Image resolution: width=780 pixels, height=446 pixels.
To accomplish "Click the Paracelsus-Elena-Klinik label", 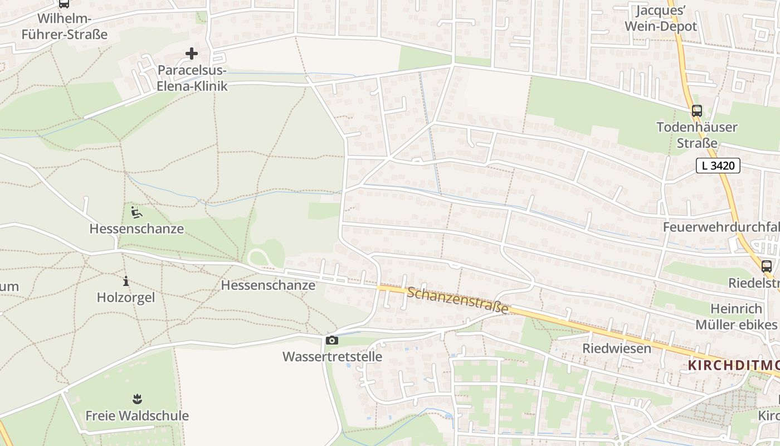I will tap(193, 79).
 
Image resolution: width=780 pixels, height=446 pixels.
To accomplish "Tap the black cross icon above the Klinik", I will tap(192, 54).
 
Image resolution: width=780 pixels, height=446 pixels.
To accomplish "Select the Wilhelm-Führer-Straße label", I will tap(64, 26).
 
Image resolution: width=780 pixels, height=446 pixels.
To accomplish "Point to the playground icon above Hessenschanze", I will tap(136, 212).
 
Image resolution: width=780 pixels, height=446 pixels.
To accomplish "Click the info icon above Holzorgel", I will tap(126, 282).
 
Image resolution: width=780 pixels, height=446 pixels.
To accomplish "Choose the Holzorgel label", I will tap(126, 298).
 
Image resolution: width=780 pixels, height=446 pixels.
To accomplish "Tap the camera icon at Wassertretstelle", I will tap(332, 341).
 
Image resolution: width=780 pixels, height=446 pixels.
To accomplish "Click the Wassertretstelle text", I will tap(332, 357).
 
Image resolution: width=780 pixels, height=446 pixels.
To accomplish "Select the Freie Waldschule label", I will tap(137, 416).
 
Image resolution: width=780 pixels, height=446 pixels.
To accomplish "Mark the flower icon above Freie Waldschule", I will tap(137, 399).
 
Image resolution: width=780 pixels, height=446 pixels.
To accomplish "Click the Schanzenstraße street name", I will tap(457, 300).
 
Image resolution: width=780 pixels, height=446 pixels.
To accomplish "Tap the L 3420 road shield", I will tap(718, 166).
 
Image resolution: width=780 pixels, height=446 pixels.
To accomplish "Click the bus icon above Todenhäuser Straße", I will tap(696, 111).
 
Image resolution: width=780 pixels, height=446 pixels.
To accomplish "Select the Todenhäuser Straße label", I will tap(696, 135).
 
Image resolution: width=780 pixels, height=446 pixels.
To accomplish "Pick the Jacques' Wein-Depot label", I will tap(661, 18).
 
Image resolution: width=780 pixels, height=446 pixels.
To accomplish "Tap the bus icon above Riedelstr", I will tap(767, 266).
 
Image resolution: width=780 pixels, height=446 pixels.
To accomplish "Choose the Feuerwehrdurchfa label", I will tap(721, 227).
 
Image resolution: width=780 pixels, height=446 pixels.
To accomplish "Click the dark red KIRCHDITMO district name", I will tap(733, 366).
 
